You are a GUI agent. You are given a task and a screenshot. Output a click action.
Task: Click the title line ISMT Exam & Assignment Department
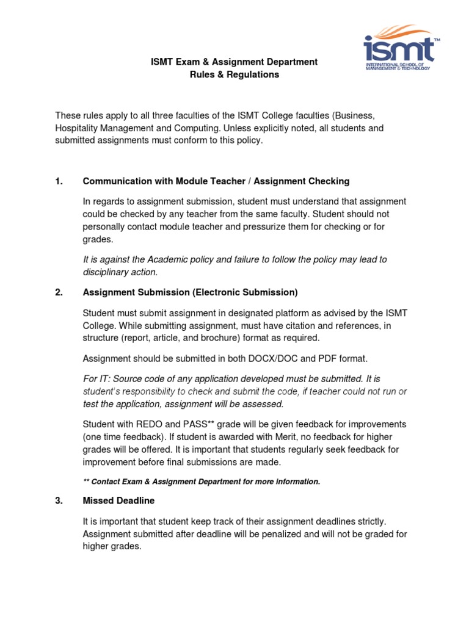234,62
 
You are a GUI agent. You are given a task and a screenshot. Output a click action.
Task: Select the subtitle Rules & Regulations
234,74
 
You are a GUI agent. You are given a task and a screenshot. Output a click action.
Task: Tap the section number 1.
59,181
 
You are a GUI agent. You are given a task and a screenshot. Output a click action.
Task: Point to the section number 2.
59,292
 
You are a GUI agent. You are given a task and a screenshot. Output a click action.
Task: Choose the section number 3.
59,500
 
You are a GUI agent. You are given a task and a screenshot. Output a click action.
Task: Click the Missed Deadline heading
118,500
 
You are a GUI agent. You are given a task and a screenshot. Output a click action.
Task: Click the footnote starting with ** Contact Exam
201,482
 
